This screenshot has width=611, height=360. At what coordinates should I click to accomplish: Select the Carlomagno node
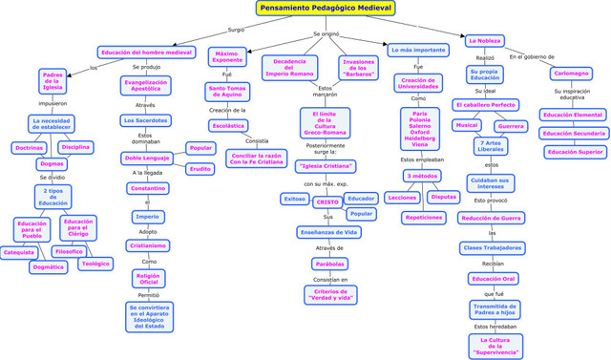[x=571, y=74]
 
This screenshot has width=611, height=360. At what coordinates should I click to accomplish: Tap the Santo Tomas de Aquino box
[x=228, y=93]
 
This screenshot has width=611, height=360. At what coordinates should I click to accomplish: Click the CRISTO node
[x=327, y=201]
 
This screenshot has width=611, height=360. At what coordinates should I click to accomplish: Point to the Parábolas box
[x=330, y=264]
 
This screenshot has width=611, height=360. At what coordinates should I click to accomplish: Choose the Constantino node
[x=147, y=188]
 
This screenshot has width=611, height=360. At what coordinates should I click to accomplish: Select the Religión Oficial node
[x=149, y=278]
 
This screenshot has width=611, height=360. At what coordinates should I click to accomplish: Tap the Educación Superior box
[x=575, y=152]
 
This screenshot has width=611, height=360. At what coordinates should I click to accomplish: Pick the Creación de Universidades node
[x=418, y=84]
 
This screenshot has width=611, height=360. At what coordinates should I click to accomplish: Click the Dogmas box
[x=52, y=164]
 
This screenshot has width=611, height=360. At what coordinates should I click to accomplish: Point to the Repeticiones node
[x=423, y=218]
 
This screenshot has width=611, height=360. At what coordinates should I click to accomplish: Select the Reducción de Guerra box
[x=491, y=218]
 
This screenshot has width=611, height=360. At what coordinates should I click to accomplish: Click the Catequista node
[x=18, y=253]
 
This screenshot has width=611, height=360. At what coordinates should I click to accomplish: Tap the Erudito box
[x=200, y=169]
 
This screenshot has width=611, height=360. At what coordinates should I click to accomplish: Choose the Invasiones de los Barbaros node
[x=358, y=68]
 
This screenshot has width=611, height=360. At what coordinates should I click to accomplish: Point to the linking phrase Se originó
[x=326, y=34]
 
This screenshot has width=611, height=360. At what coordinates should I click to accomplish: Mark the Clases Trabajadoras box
[x=492, y=248]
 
